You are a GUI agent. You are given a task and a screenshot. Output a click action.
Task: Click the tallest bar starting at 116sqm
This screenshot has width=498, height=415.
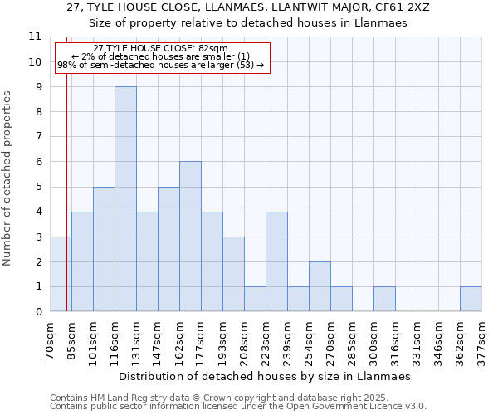(x=125, y=199)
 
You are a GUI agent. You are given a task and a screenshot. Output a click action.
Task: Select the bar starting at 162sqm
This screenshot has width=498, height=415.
(x=190, y=237)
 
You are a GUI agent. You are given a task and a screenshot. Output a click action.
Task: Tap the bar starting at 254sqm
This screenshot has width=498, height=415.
(x=320, y=286)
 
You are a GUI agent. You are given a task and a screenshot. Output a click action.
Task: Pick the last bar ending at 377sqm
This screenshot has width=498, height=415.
(x=471, y=299)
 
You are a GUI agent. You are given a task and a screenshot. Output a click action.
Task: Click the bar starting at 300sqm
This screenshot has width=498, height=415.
(x=384, y=299)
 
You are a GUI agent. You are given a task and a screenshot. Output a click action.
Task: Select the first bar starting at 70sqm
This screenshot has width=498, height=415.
(x=61, y=274)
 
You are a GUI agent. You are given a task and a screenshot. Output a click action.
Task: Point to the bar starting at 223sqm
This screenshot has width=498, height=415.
(x=276, y=261)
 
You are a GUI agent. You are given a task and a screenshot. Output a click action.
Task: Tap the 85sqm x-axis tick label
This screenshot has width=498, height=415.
(x=71, y=339)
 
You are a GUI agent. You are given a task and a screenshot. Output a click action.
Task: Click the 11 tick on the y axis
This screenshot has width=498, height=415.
(x=35, y=37)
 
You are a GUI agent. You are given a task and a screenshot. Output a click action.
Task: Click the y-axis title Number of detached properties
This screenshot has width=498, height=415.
(x=7, y=178)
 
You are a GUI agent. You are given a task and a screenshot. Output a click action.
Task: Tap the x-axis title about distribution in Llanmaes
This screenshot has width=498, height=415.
(x=265, y=376)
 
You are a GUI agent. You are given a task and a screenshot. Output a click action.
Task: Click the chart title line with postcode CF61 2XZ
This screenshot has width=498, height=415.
(x=247, y=7)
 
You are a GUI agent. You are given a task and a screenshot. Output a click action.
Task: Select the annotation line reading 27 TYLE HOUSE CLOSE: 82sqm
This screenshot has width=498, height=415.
(x=160, y=49)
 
